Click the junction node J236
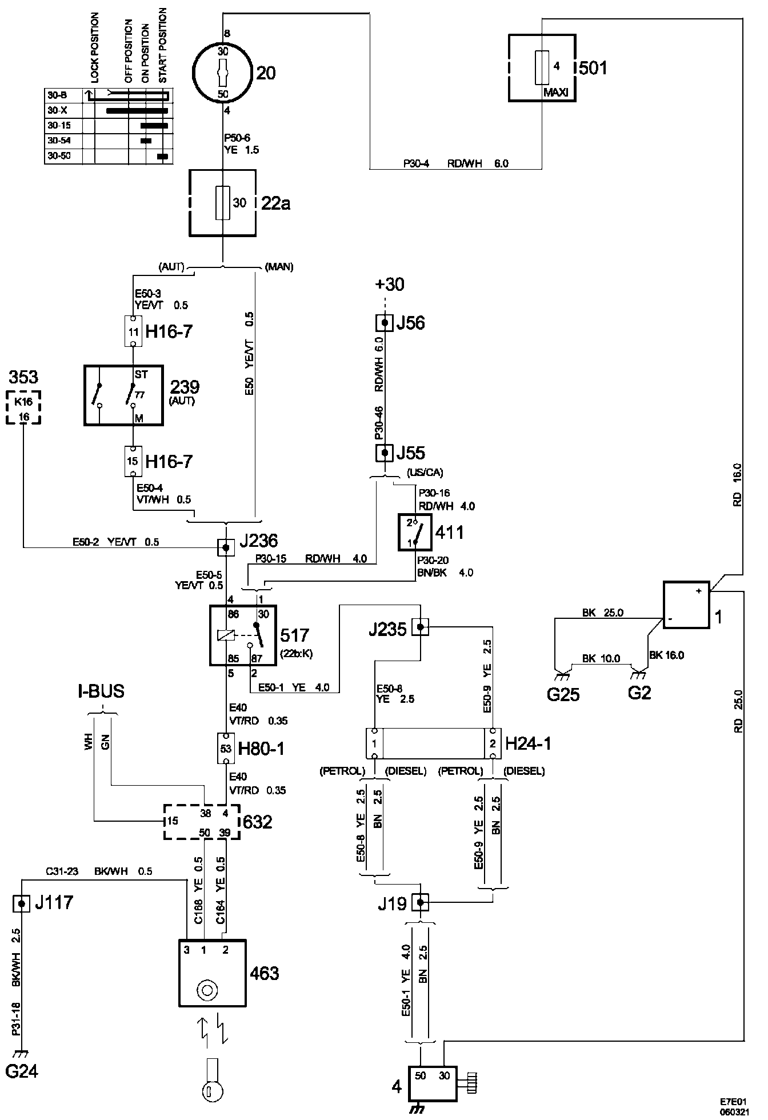(x=226, y=547)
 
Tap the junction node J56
(x=385, y=323)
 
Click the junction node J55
(x=385, y=453)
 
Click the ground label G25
(x=563, y=694)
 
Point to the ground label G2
(x=639, y=693)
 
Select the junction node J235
(x=421, y=627)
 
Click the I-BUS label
(x=101, y=691)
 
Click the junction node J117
(x=22, y=903)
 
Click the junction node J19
(x=421, y=902)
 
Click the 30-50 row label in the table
(x=59, y=155)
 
